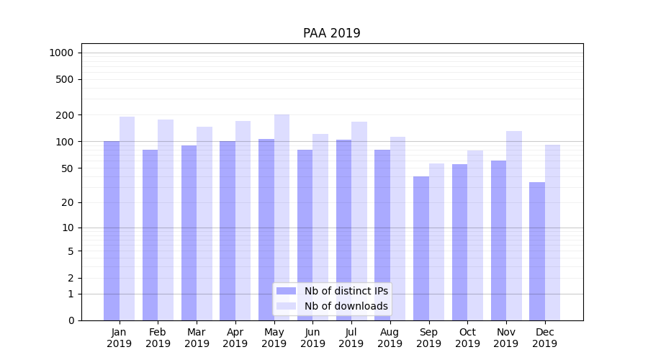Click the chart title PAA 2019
(331, 33)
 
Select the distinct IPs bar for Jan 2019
(112, 230)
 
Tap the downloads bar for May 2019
(282, 216)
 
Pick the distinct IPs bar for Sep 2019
(421, 248)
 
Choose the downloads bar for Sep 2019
(437, 241)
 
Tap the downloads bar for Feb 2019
(166, 220)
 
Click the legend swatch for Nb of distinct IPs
(287, 291)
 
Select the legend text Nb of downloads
(346, 306)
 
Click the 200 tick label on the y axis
(64, 115)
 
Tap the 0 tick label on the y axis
(71, 320)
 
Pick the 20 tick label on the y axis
(67, 202)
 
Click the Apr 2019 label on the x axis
(235, 338)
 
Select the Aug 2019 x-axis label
(390, 338)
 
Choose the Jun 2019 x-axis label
(312, 338)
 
